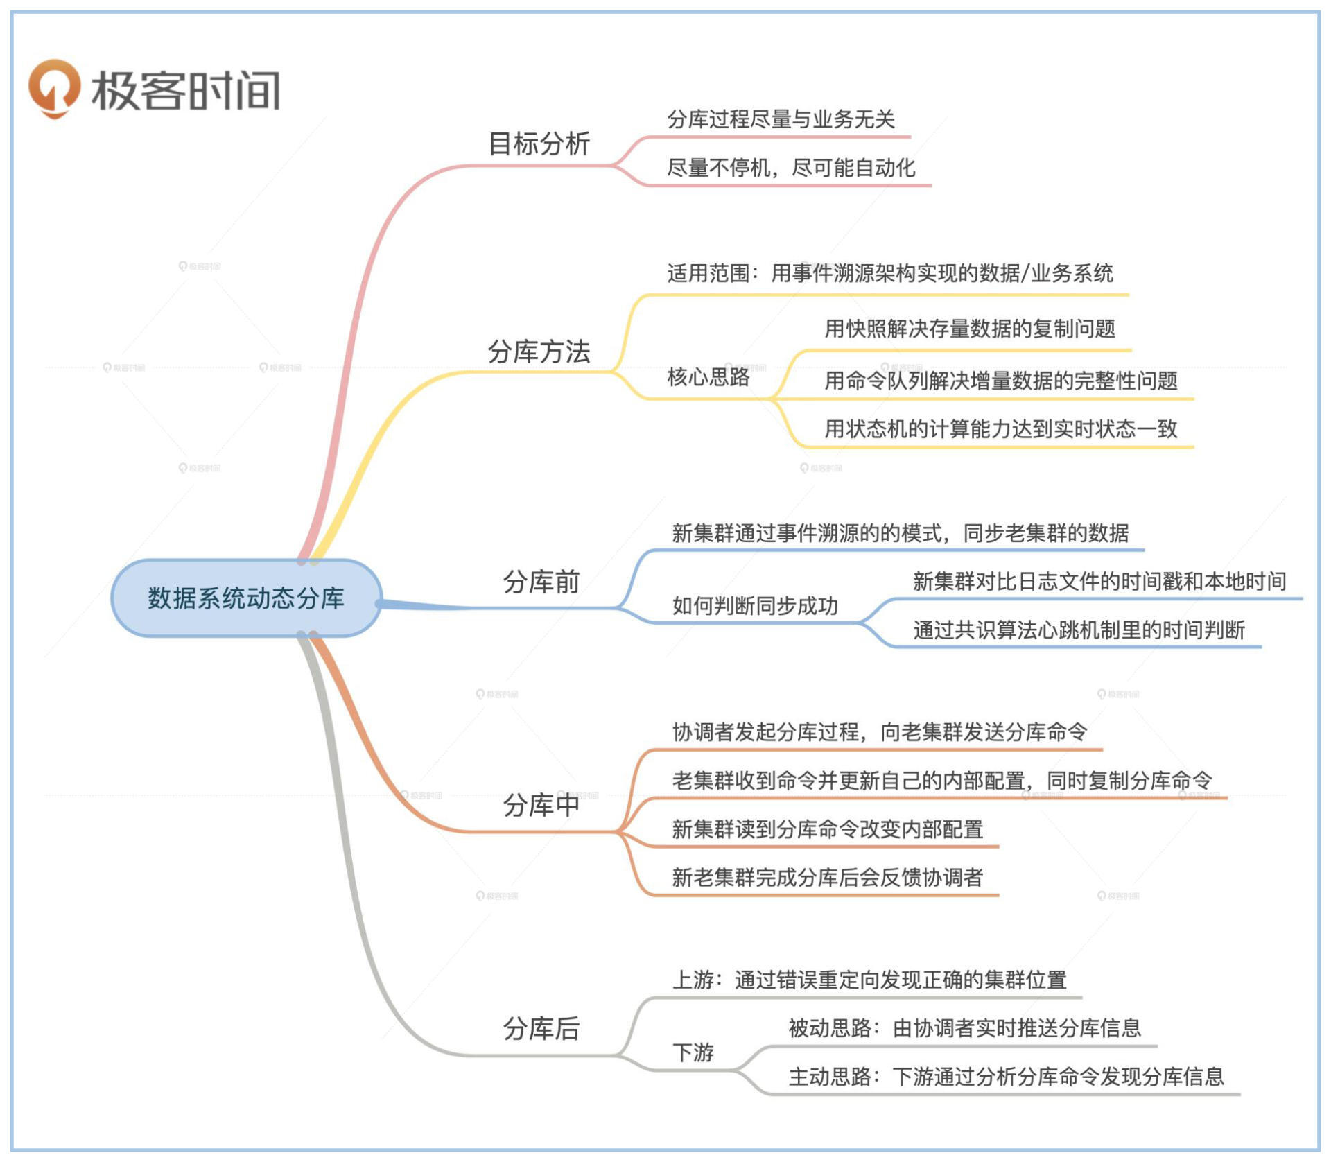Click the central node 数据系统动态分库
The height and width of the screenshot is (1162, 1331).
(246, 598)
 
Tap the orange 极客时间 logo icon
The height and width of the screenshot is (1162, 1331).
(53, 89)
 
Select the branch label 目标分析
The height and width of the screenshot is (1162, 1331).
(539, 144)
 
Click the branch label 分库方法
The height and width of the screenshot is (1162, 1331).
(539, 352)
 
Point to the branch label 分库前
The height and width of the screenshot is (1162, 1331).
(541, 582)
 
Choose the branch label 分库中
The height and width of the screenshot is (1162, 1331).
(541, 805)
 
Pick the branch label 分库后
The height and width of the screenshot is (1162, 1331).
(541, 1028)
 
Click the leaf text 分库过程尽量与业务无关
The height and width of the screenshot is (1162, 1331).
(781, 119)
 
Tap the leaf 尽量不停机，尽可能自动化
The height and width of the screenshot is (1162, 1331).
(791, 168)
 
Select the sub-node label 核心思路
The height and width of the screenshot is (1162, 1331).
(708, 376)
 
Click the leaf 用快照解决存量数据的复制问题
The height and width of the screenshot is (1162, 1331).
(970, 328)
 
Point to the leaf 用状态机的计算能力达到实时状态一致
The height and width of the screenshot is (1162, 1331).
(1001, 428)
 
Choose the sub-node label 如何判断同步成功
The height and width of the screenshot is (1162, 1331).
(756, 606)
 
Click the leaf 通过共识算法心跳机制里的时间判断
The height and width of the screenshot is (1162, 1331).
(1079, 630)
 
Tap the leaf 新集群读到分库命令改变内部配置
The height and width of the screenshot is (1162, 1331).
(828, 829)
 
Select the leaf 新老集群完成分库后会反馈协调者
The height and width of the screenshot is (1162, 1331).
(828, 878)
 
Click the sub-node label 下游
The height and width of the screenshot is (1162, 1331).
(693, 1052)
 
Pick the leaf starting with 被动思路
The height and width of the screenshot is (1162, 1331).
(965, 1027)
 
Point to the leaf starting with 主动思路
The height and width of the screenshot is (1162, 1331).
(1007, 1076)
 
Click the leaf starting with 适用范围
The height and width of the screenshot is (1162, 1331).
(890, 273)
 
